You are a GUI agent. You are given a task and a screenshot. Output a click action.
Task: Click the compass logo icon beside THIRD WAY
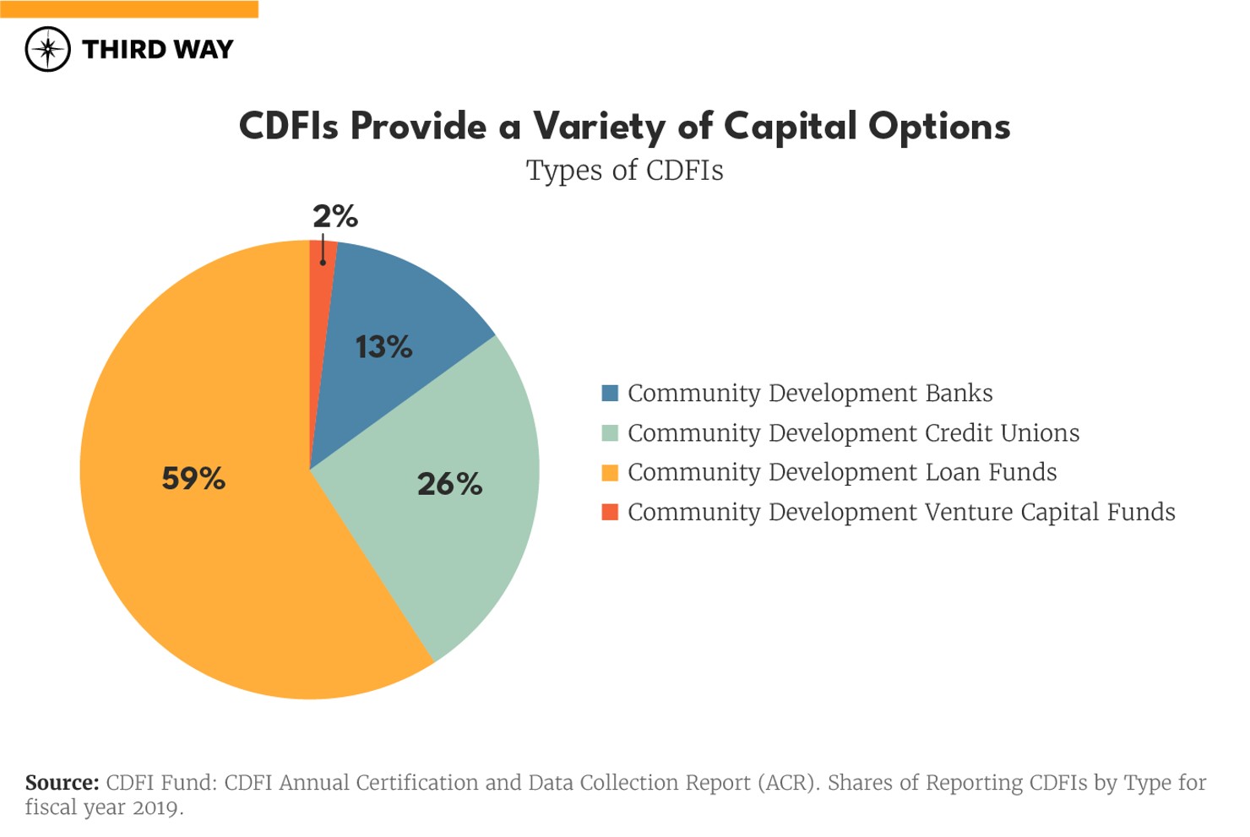coord(47,49)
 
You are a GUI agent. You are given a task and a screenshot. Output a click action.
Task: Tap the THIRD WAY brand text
coord(157,50)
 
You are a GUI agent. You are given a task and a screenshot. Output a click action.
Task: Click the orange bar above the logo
coord(128,9)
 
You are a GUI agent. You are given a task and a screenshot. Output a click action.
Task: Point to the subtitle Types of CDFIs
coord(624,171)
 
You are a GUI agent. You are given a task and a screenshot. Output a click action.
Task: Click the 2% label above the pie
coord(335,216)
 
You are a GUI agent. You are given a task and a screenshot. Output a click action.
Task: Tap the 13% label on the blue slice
coord(383,347)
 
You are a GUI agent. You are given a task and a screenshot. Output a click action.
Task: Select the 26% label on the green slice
coord(449,484)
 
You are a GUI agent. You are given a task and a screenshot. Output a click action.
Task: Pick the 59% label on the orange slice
coord(193,479)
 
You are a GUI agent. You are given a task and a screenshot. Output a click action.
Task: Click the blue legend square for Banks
coord(609,394)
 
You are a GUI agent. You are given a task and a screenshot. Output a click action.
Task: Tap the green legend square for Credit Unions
coord(609,433)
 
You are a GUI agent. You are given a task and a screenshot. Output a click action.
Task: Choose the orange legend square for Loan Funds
coord(609,472)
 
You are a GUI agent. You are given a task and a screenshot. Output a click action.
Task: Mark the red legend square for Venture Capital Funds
coord(609,512)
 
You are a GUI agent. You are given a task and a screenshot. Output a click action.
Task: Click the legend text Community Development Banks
coord(809,394)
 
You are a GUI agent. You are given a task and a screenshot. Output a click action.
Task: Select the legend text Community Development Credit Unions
coord(853,433)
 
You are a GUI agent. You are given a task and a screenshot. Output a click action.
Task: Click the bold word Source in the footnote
coord(62,783)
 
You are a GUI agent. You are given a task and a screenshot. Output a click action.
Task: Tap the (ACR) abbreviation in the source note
coord(787,783)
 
